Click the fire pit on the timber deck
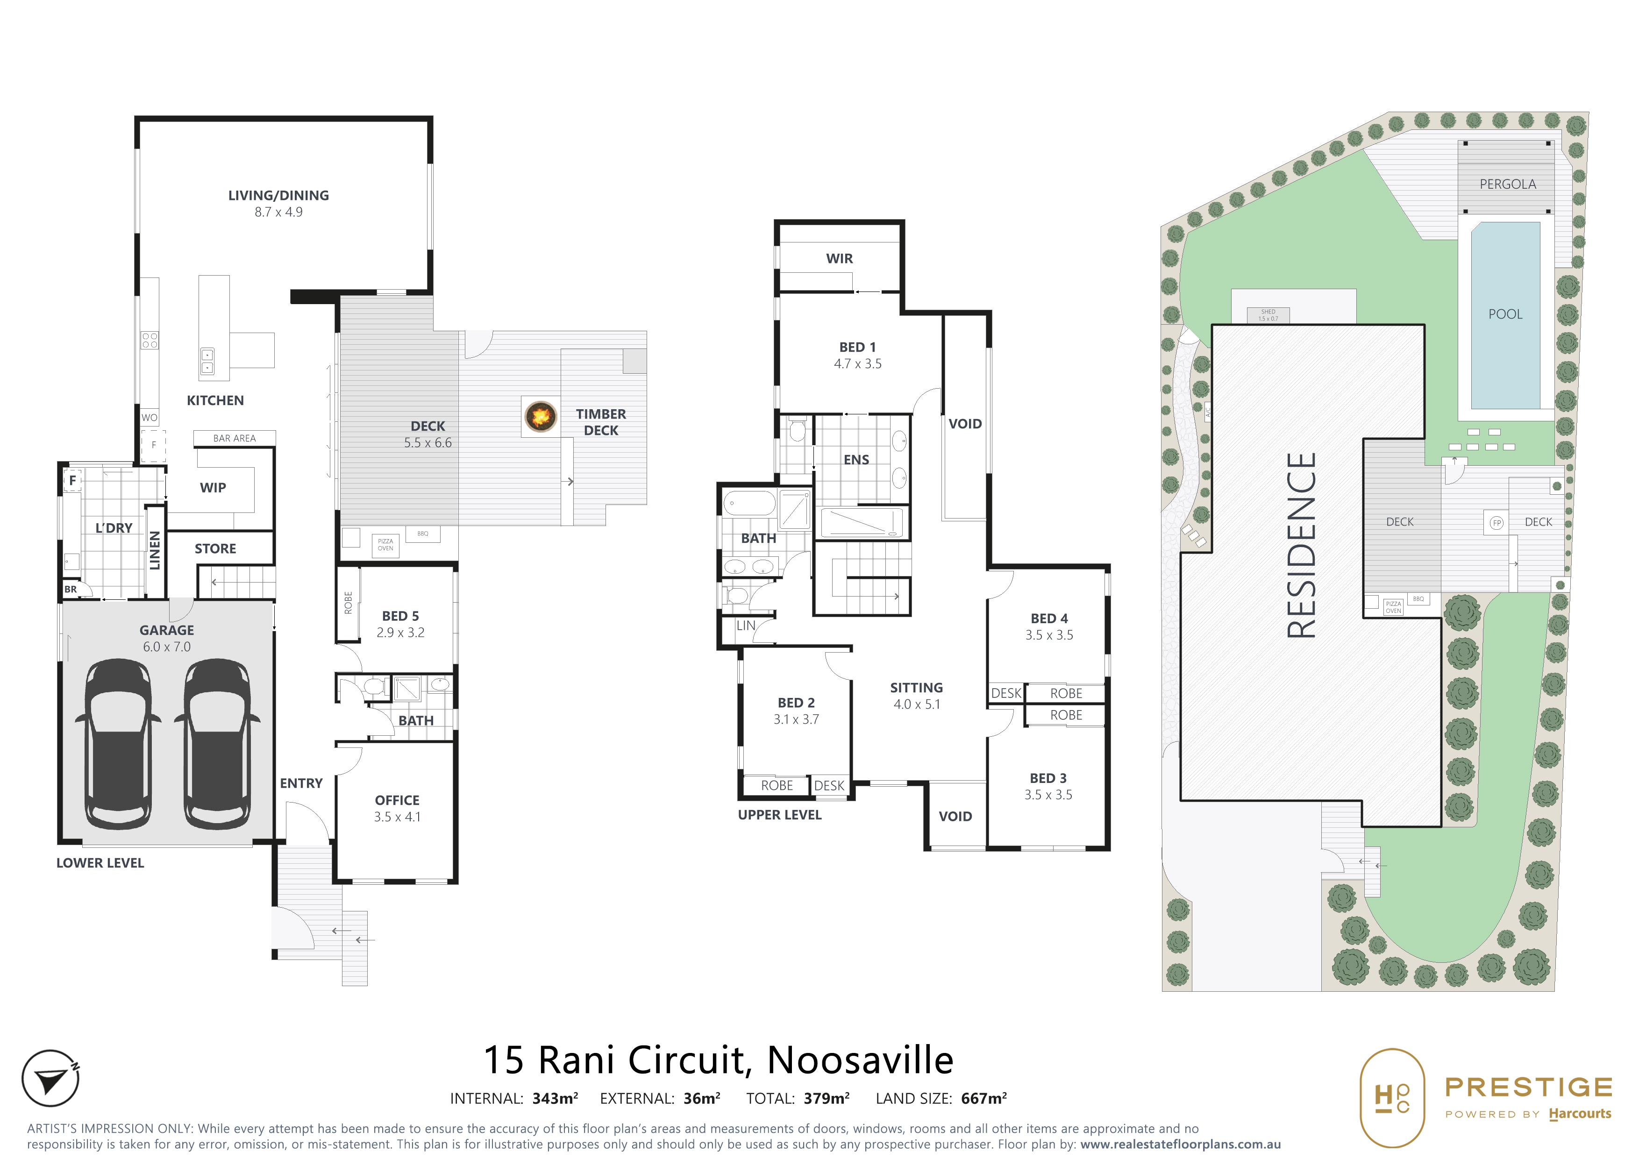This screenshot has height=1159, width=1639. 541,415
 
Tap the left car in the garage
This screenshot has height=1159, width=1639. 119,744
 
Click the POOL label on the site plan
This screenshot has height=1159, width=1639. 1505,314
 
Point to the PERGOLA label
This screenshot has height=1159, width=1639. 1508,184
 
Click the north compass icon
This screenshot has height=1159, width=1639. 50,1078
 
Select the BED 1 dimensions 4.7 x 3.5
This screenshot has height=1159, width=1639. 857,364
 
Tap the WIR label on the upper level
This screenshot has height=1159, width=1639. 840,258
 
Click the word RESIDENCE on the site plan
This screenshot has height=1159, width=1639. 1301,546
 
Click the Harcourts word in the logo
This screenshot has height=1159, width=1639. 1580,1114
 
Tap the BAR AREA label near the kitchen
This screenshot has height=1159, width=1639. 234,438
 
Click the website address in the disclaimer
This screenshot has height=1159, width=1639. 1180,1144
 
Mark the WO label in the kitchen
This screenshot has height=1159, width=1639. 149,418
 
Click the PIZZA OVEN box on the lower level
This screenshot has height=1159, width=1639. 385,545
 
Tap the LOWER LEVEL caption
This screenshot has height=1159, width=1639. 100,863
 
